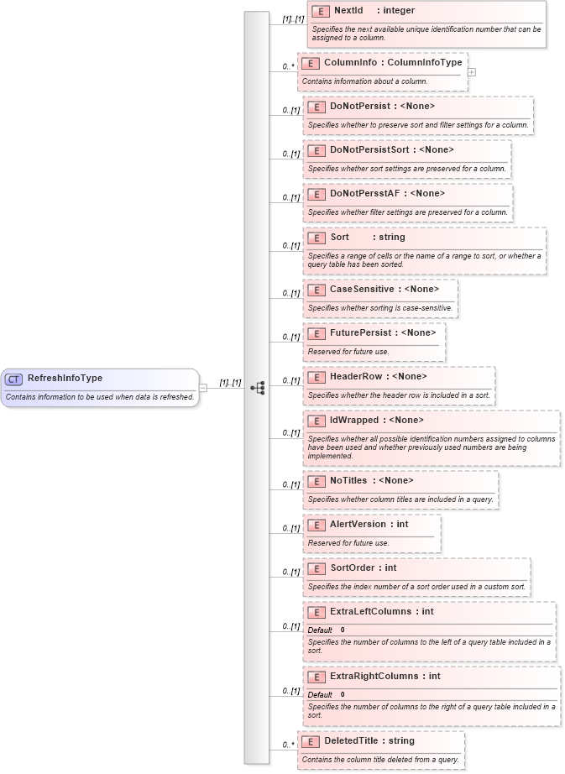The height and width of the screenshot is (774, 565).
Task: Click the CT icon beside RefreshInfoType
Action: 14,379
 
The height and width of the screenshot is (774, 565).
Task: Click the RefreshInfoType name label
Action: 65,379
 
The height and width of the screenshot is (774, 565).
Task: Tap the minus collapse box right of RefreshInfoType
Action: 203,388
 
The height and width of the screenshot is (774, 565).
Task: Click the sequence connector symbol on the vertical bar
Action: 257,388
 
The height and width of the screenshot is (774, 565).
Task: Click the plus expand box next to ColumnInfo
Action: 472,72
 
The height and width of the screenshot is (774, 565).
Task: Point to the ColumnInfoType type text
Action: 424,63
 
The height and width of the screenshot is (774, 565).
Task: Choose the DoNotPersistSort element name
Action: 369,150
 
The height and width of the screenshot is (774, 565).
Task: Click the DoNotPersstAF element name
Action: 365,194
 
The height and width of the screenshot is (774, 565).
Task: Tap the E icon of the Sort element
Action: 316,238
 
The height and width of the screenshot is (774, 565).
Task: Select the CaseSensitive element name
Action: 362,290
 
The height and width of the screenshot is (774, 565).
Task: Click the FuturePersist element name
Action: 360,333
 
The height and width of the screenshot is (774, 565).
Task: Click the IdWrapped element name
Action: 354,421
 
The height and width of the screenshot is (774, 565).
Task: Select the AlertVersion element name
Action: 358,525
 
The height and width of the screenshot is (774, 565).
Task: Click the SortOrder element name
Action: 352,568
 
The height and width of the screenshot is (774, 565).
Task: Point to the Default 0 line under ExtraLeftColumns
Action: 326,630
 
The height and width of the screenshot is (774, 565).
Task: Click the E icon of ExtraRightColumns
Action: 316,677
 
